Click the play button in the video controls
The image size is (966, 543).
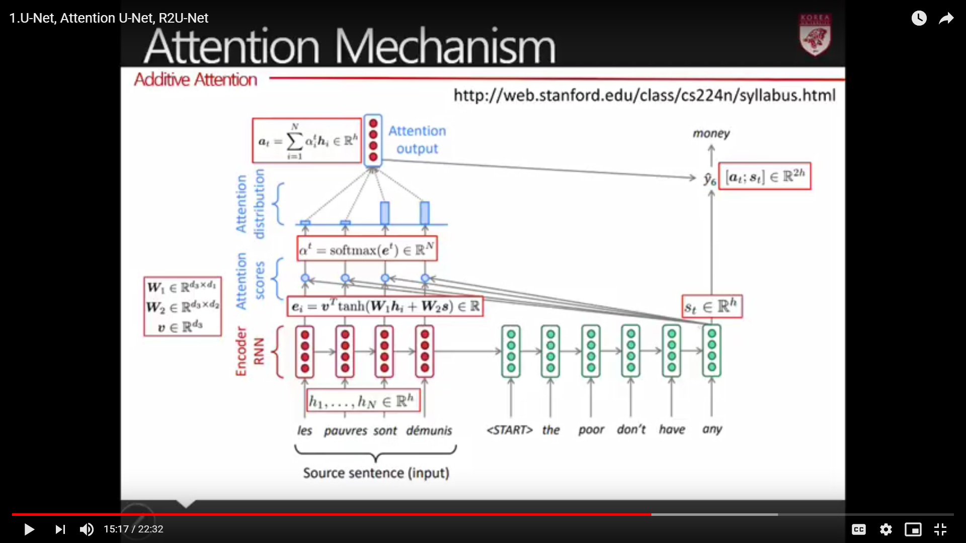point(29,529)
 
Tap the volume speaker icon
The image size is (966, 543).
point(87,529)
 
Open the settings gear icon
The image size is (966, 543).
point(886,529)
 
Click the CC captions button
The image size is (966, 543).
point(859,529)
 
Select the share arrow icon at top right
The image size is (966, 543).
point(946,19)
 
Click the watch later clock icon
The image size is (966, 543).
point(919,19)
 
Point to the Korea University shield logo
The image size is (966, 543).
point(815,35)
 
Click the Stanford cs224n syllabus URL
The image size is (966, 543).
point(645,95)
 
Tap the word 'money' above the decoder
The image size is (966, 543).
point(711,133)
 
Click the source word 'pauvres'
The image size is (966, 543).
point(345,431)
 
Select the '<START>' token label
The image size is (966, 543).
point(509,430)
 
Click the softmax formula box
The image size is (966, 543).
point(367,249)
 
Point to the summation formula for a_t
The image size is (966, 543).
point(307,141)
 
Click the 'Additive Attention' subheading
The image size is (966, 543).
point(195,79)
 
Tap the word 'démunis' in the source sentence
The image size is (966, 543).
point(429,431)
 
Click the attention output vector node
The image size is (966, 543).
point(373,140)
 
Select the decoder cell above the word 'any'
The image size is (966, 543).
point(711,351)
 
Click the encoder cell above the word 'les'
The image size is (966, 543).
point(305,351)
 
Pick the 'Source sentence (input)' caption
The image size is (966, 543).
point(376,473)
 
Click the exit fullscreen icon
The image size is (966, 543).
point(940,529)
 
